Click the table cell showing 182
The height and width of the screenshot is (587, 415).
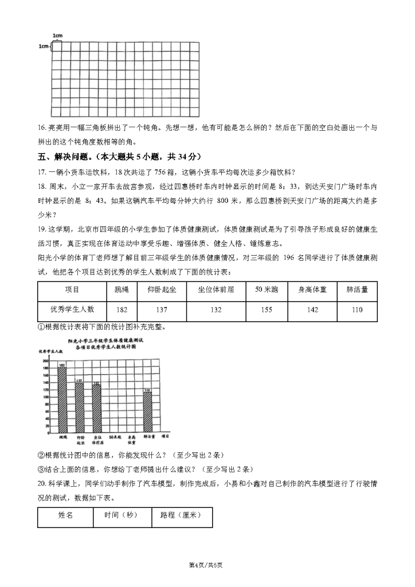(x=122, y=309)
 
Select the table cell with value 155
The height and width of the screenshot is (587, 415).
(x=266, y=309)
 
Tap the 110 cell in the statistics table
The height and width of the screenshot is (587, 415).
(x=357, y=309)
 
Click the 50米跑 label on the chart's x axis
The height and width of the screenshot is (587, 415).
(x=115, y=437)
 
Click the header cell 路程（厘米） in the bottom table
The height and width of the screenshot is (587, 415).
(x=181, y=515)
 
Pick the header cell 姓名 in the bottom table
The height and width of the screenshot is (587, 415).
(x=65, y=515)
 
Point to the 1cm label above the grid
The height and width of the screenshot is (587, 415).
(x=57, y=36)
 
